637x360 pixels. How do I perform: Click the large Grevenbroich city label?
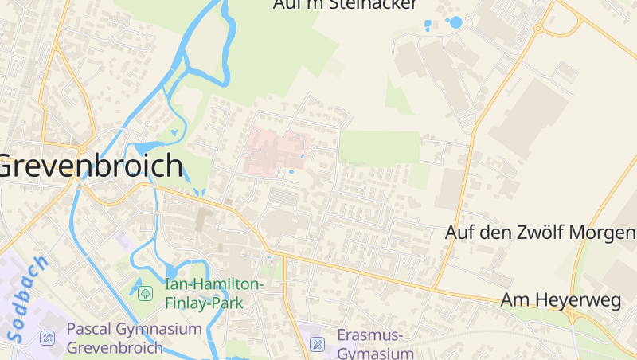(x=90, y=167)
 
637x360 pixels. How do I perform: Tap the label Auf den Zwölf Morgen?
(x=541, y=233)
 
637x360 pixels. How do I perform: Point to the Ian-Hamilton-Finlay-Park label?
(x=213, y=293)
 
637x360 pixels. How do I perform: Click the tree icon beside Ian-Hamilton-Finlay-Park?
(x=146, y=294)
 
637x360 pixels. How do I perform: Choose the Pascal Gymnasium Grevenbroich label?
(x=134, y=338)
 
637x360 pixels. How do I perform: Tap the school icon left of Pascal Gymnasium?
(x=47, y=338)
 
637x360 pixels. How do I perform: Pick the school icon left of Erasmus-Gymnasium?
(x=317, y=344)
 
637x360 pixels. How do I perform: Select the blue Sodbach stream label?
(x=29, y=299)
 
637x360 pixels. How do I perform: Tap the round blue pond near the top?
(x=455, y=22)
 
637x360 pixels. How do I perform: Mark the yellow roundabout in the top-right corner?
(x=538, y=29)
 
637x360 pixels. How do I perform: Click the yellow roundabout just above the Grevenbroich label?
(x=81, y=148)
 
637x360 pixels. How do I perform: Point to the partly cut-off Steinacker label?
(x=345, y=5)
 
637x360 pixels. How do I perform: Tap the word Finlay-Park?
(x=204, y=303)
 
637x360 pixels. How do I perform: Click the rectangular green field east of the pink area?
(x=380, y=148)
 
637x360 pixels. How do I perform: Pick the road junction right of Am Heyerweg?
(x=572, y=315)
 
